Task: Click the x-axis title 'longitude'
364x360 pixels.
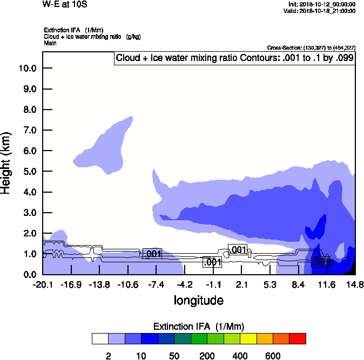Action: pyautogui.click(x=198, y=300)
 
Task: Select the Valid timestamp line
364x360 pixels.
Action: pyautogui.click(x=321, y=11)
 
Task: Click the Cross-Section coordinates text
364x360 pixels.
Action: pyautogui.click(x=311, y=48)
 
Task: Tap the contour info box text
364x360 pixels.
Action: pyautogui.click(x=234, y=58)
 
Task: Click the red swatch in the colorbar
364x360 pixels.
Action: pyautogui.click(x=298, y=338)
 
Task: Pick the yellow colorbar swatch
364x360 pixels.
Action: pyautogui.click(x=248, y=338)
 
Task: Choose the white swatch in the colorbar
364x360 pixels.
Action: pyautogui.click(x=100, y=338)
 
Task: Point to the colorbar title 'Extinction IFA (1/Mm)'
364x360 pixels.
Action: pyautogui.click(x=198, y=327)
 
